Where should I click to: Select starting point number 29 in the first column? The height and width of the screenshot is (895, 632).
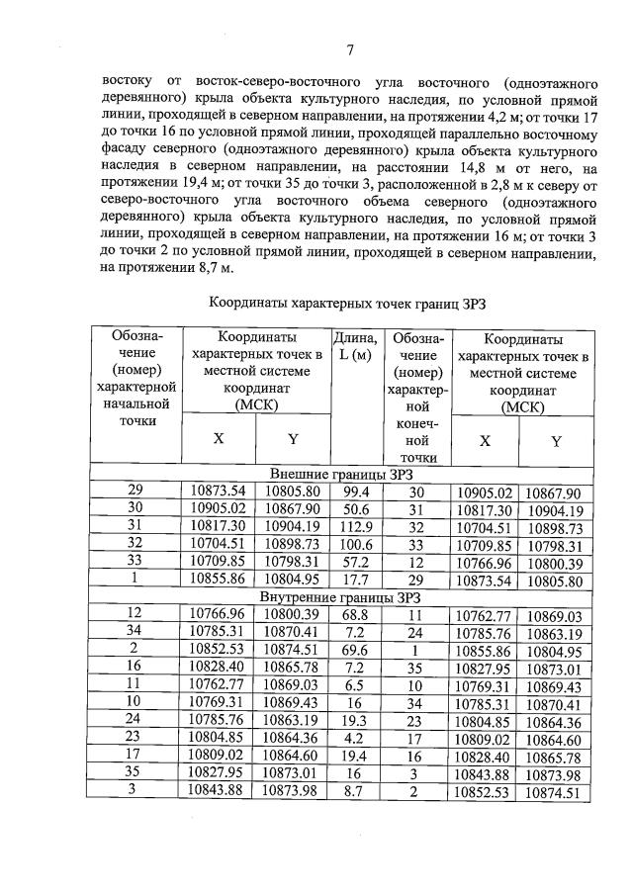[135, 492]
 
